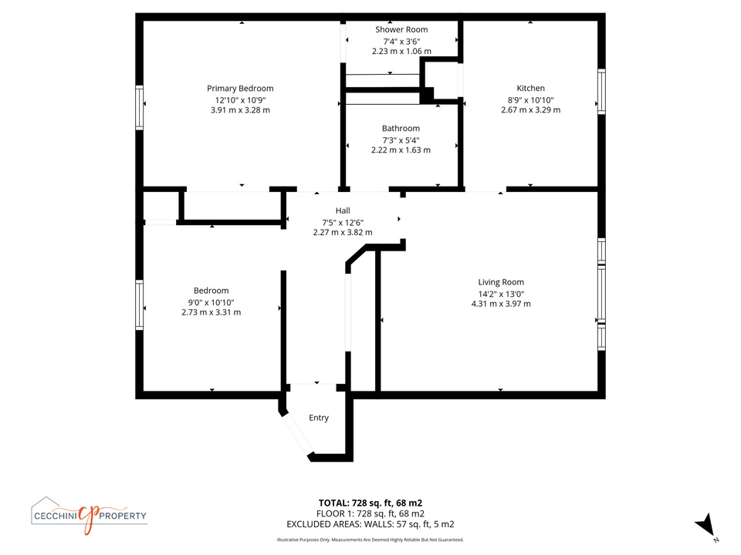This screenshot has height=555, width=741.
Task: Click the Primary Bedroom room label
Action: click(240, 88)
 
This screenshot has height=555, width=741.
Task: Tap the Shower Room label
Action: click(401, 29)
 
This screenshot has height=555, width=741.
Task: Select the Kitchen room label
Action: click(530, 88)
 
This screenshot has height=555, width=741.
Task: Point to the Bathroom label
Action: click(401, 129)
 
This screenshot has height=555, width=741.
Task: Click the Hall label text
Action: click(343, 210)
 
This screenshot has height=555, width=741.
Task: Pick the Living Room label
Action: click(501, 282)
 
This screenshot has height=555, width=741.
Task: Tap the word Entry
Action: click(319, 418)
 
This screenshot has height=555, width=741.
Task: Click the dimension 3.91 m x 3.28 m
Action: click(240, 110)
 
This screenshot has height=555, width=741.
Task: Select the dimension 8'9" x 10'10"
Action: click(531, 99)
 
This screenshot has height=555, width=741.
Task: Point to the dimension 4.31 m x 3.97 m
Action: click(501, 304)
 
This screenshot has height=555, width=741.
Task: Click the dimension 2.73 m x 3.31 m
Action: click(211, 312)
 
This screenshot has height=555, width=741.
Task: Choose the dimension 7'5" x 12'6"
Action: click(343, 222)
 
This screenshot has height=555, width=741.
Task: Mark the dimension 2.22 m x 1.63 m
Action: click(401, 150)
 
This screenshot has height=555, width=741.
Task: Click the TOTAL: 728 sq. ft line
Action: click(370, 503)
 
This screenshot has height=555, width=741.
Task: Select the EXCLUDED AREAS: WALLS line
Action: click(370, 524)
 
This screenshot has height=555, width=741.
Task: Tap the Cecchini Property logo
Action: click(90, 516)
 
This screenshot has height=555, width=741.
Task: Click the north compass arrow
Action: click(706, 525)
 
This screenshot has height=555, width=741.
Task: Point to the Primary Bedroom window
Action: click(140, 108)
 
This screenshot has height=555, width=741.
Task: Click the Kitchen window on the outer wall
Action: click(601, 92)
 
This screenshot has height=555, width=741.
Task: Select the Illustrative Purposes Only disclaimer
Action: click(370, 540)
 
